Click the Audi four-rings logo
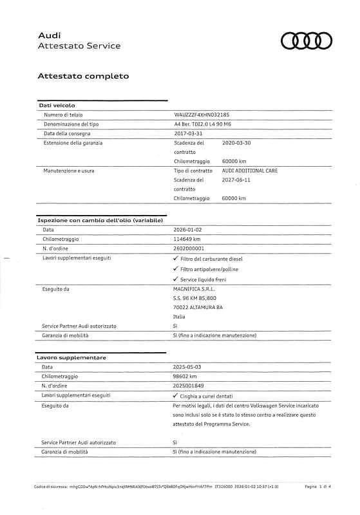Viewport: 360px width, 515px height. [x=306, y=41]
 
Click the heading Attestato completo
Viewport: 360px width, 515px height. [x=83, y=76]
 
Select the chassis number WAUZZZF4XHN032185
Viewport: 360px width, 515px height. [x=202, y=114]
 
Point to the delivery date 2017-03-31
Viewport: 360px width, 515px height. [x=188, y=133]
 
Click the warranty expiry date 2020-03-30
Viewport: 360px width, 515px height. [x=236, y=143]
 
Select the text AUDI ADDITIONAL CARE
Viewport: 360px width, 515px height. [x=250, y=171]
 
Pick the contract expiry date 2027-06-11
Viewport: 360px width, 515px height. [x=236, y=180]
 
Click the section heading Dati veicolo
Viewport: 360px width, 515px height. [x=57, y=104]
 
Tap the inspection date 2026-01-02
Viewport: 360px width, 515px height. [x=188, y=229]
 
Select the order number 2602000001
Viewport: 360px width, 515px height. [x=189, y=248]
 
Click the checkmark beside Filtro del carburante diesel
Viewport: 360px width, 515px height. [x=176, y=258]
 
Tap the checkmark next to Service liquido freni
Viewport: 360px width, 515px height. [x=176, y=279]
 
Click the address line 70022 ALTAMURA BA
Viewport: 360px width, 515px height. [x=198, y=308]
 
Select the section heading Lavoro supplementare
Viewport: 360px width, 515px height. [x=71, y=357]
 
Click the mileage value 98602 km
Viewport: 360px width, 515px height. [x=186, y=376]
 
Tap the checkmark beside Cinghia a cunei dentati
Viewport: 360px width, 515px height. [x=176, y=396]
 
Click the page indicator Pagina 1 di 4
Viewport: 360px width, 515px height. [x=317, y=487]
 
